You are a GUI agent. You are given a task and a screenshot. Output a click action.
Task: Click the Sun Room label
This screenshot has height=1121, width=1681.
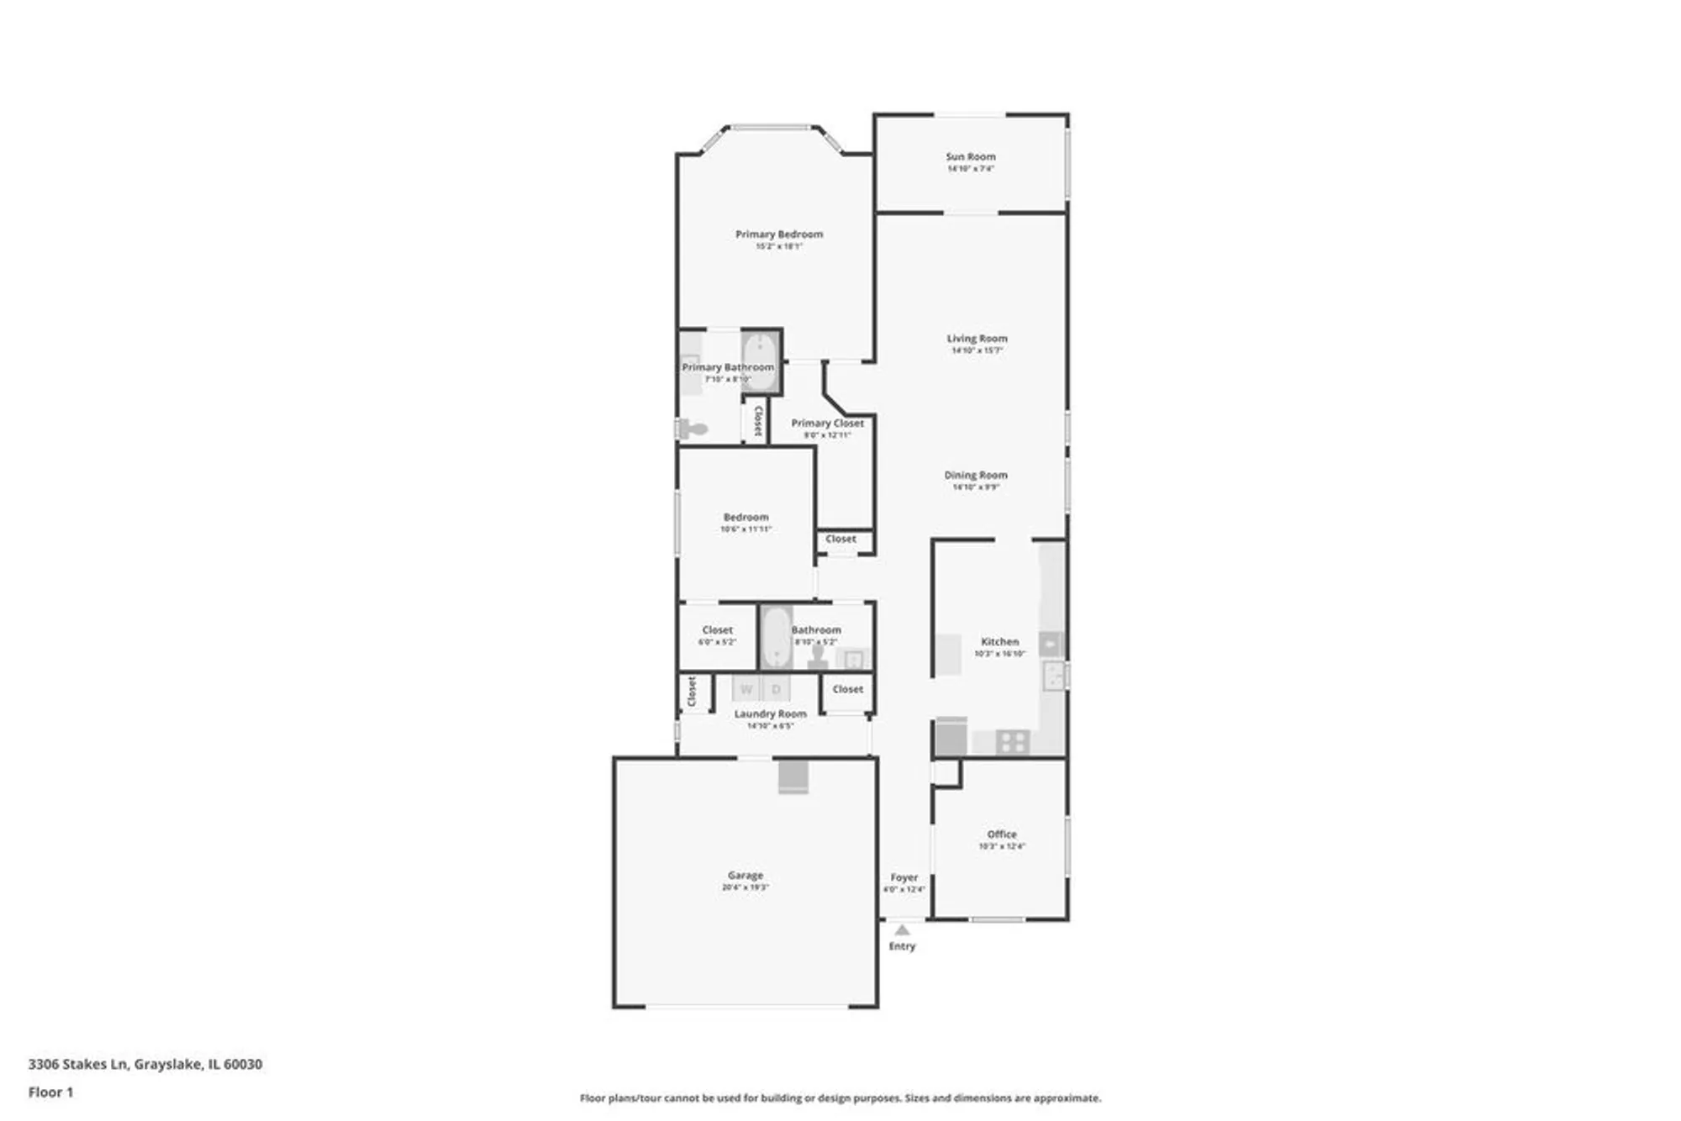pos(970,156)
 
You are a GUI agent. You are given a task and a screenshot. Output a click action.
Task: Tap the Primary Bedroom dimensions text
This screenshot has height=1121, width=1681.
pos(778,247)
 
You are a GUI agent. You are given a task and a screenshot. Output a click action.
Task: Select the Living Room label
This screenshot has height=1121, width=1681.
pos(977,339)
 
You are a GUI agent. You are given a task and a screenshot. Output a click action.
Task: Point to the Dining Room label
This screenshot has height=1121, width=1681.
pos(975,475)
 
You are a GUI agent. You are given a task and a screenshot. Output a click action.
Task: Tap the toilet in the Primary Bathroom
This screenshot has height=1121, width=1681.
pos(693,429)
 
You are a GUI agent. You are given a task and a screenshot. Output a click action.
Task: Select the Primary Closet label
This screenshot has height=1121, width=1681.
pos(827,424)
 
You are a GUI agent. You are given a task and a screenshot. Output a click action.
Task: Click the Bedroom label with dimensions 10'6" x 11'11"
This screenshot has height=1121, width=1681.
pos(746,518)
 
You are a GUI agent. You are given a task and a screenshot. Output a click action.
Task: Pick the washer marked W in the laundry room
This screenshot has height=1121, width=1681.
pos(746,689)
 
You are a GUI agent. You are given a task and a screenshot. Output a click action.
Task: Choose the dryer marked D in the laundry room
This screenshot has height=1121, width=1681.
pos(776,689)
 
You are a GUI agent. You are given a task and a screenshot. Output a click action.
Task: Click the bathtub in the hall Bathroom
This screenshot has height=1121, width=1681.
pos(775,638)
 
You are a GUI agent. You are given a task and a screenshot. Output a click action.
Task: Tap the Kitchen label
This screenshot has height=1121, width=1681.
pos(999,641)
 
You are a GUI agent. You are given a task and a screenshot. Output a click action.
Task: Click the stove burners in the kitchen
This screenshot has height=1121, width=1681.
pos(1013,742)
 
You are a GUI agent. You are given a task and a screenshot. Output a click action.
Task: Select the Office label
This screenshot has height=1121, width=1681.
pos(1001,834)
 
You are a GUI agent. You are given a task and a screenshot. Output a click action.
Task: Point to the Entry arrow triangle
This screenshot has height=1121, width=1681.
pos(902,930)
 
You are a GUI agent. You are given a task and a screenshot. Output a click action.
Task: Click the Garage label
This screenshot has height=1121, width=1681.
pos(745,876)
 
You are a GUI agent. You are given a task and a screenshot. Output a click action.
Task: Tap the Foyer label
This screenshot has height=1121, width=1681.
pos(904,877)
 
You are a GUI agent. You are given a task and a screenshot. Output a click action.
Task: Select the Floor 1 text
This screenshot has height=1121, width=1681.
pos(50,1092)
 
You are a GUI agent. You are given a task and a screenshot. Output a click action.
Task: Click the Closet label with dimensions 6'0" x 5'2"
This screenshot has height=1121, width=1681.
pos(717,630)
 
